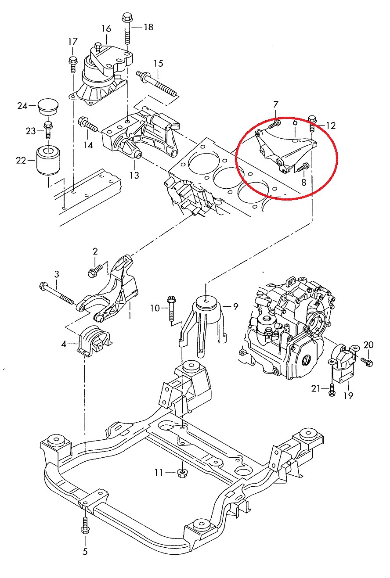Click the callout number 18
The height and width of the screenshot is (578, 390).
click(148, 27)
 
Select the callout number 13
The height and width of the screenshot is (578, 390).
click(134, 176)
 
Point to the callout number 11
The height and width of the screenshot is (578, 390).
click(159, 472)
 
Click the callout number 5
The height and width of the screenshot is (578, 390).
click(85, 552)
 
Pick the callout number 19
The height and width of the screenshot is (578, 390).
click(348, 395)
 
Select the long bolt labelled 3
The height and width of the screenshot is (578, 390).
click(59, 294)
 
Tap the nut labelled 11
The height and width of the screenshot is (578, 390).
click(181, 473)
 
